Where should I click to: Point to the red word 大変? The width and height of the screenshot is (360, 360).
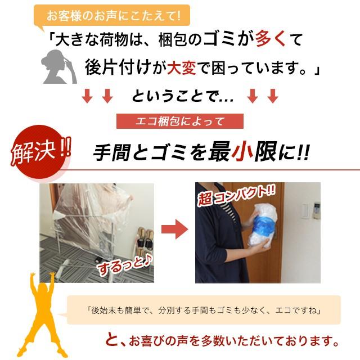pyautogui.click(x=182, y=68)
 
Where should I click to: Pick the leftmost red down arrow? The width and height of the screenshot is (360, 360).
pyautogui.click(x=87, y=96)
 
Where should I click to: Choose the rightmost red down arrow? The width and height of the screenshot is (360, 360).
pyautogui.click(x=273, y=96)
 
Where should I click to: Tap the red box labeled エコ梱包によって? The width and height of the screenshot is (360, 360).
pyautogui.click(x=179, y=121)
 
